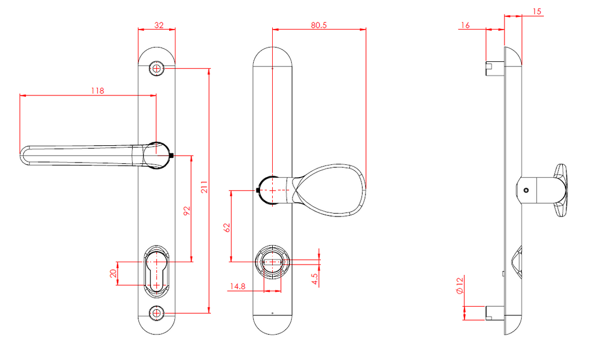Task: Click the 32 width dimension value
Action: pos(158,25)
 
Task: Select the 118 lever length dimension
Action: pos(97,91)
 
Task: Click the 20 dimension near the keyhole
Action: pos(114,273)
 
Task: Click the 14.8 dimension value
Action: pos(237,286)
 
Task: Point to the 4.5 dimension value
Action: pos(314,279)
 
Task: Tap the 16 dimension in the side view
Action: pos(464,25)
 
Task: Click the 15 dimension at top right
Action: pos(536,12)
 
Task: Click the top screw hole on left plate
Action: pos(157,68)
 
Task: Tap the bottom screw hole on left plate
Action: pos(157,313)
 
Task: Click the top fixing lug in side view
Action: pos(493,68)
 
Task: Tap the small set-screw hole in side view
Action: pos(525,190)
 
